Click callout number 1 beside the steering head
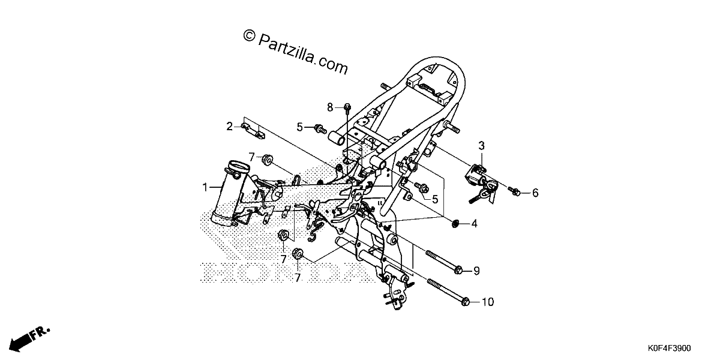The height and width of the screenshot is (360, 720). tap(205, 187)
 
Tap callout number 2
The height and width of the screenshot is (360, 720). tap(229, 127)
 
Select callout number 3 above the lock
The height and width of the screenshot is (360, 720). tap(481, 146)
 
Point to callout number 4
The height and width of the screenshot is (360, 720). tap(475, 224)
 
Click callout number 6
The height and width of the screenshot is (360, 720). tap(535, 193)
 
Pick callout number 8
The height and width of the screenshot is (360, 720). tap(330, 107)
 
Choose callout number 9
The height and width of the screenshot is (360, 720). tap(476, 271)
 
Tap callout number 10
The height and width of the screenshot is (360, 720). tap(488, 302)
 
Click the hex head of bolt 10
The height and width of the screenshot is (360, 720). tap(465, 302)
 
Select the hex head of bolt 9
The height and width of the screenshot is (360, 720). tap(458, 271)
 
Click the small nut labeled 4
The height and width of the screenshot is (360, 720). tap(455, 223)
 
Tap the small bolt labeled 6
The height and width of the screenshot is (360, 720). tap(515, 191)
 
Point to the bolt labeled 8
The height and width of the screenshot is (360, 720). tap(347, 109)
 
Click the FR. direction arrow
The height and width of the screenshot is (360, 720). tap(29, 339)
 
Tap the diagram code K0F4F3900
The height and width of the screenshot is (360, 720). tap(669, 349)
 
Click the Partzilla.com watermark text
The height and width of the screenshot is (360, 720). tap(295, 53)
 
